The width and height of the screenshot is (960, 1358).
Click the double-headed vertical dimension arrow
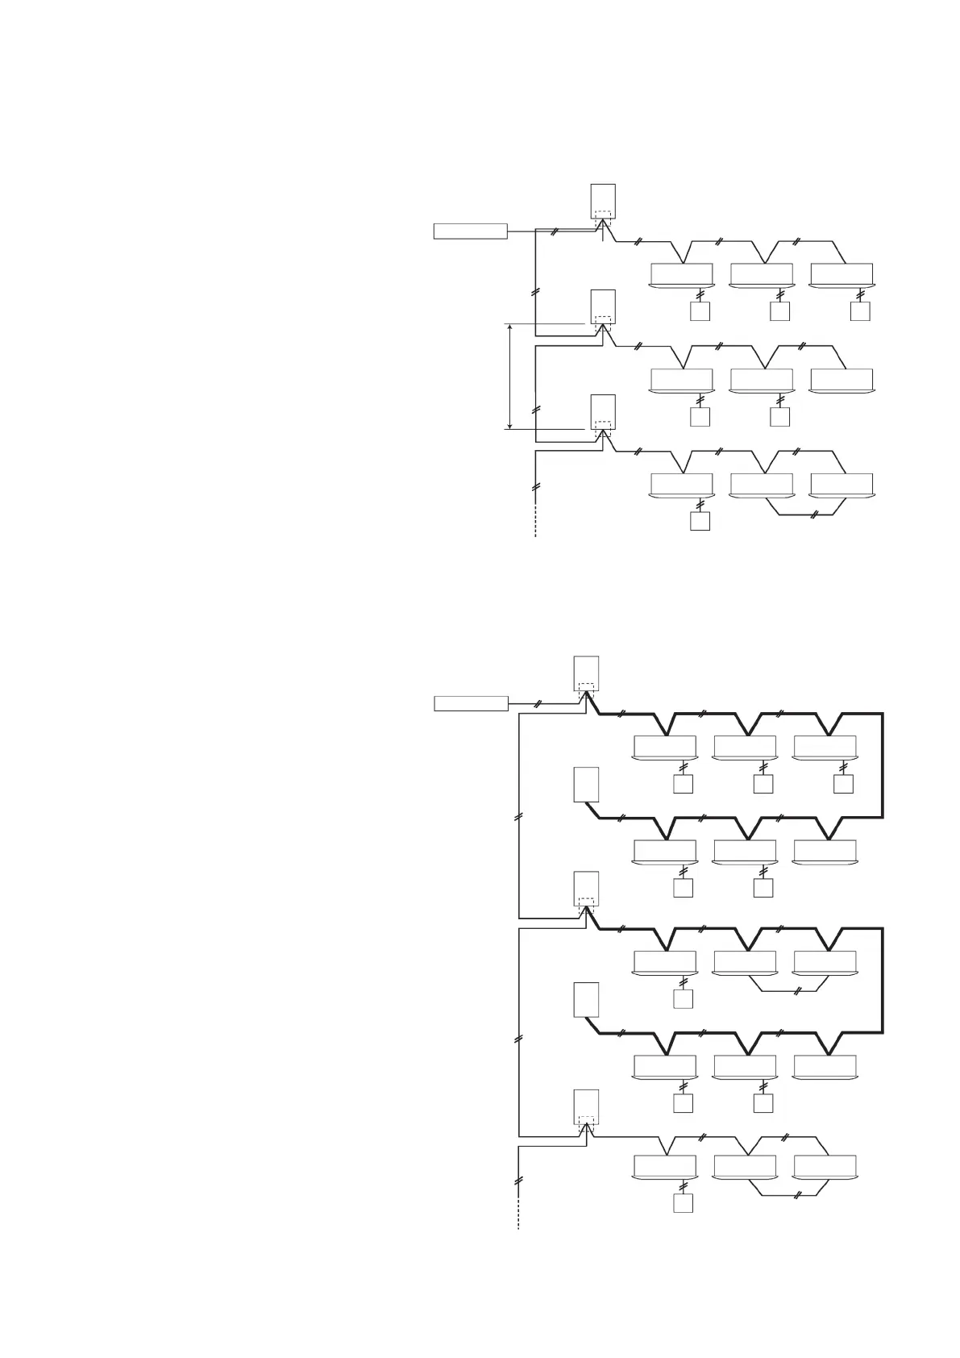(510, 377)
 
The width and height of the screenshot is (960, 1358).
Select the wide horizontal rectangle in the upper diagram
(471, 231)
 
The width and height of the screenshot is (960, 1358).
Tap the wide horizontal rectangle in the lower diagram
(471, 703)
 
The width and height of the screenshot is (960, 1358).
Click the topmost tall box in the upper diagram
(603, 201)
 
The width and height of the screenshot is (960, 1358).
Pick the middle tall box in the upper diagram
(603, 306)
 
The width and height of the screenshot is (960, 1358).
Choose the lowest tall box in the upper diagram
(603, 412)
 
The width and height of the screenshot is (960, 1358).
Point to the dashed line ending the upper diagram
(535, 524)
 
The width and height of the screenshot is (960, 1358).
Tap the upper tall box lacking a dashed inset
(586, 785)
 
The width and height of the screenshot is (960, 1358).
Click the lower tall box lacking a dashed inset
(586, 1000)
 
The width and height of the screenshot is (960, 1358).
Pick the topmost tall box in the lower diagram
(586, 673)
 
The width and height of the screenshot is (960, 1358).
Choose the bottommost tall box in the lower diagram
(586, 1106)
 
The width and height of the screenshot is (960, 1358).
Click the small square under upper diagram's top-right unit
(860, 311)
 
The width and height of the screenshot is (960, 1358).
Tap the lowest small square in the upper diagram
(700, 521)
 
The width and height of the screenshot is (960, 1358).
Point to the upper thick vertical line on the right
(883, 764)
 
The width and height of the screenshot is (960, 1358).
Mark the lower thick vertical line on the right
(883, 980)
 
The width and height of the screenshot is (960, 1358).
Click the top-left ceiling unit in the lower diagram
(665, 748)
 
